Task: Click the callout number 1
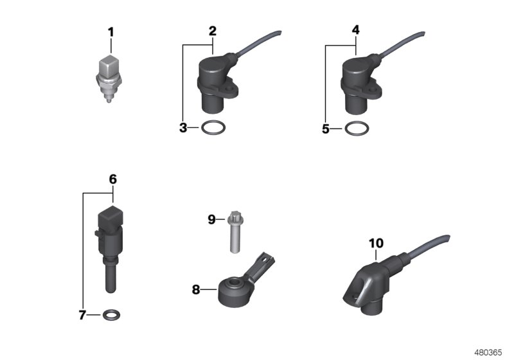(110, 31)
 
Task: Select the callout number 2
(212, 31)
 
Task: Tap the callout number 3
(183, 128)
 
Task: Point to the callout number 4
(355, 31)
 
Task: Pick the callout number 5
(326, 129)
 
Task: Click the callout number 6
(112, 179)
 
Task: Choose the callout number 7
(82, 315)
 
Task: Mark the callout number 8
(196, 289)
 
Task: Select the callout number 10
(376, 243)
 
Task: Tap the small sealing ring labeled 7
(111, 315)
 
